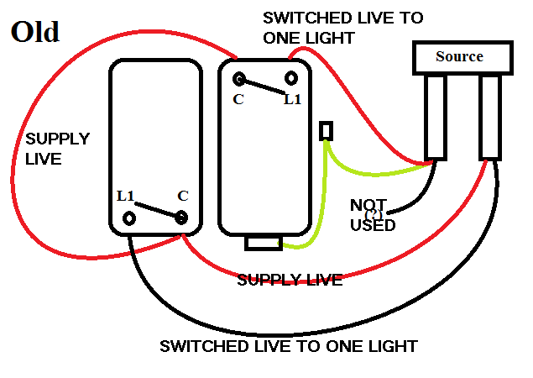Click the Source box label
pos(459,56)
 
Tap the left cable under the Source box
pos(436,117)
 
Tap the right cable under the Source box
pos(491,117)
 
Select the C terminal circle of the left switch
pos(181,218)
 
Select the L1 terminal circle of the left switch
pos(129,218)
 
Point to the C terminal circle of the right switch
pos(240,80)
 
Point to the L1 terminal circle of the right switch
pos(291,79)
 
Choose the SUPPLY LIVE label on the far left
pos(57,148)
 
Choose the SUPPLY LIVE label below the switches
pos(290,280)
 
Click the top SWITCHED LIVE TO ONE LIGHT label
pos(342,27)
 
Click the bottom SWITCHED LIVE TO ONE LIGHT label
pos(288,346)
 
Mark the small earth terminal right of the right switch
pos(326,131)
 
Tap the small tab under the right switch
pos(264,243)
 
